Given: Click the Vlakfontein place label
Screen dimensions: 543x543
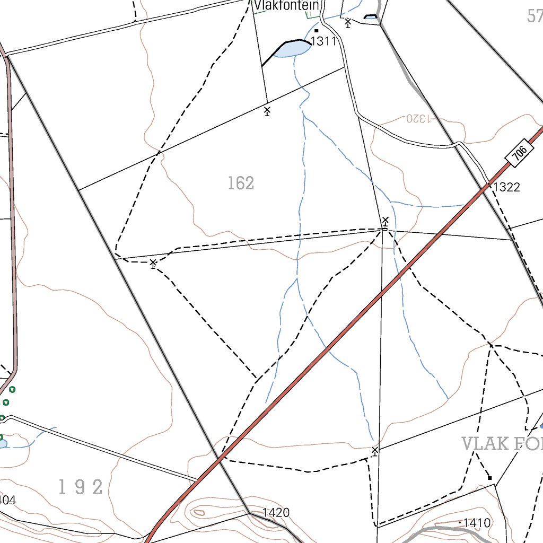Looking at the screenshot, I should tap(287, 6).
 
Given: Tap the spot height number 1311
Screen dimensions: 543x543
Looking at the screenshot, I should tap(324, 41).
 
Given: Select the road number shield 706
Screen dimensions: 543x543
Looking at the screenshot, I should tap(520, 153).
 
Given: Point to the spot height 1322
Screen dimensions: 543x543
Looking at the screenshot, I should tap(506, 187).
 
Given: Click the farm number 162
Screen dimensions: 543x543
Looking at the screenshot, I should tap(241, 183).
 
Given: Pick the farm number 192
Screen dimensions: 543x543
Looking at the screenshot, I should tap(81, 487).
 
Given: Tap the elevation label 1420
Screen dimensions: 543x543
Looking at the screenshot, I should tap(276, 513).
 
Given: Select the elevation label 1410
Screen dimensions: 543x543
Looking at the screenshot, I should tap(477, 523).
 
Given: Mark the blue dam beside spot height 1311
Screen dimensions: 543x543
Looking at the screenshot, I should tap(292, 49).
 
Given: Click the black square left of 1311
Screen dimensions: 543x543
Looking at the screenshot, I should tap(317, 31).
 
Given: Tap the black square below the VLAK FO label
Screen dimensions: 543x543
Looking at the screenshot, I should tap(489, 478).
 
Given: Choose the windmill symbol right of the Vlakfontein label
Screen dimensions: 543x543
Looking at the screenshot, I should tap(348, 23).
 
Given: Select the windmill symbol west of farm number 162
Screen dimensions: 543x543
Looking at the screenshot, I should tap(153, 263).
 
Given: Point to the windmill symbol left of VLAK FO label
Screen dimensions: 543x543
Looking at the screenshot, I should tap(375, 451).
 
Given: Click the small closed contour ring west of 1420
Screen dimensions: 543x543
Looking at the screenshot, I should tap(199, 512).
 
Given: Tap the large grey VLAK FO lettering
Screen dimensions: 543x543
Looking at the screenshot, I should tap(502, 444).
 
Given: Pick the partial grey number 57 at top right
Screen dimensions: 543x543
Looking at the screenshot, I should tap(535, 16).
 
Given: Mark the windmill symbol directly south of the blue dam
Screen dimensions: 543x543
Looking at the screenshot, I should tap(267, 111).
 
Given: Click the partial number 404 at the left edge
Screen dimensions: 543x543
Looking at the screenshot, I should tap(7, 500).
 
